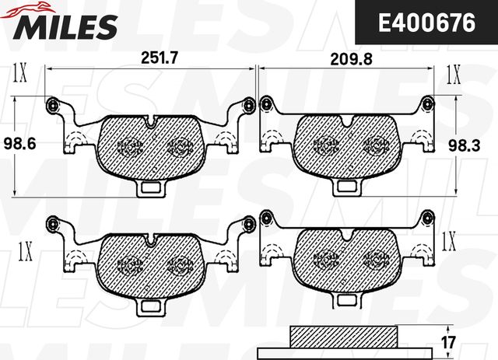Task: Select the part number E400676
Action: tap(426, 23)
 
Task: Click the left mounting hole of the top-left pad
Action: tap(52, 104)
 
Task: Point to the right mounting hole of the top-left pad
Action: tap(249, 104)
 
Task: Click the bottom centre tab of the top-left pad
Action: tap(150, 186)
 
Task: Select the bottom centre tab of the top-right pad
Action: tap(348, 186)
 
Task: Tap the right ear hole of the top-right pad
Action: tap(427, 102)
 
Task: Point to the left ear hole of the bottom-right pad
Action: tap(266, 219)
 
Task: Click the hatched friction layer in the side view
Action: tap(342, 336)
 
